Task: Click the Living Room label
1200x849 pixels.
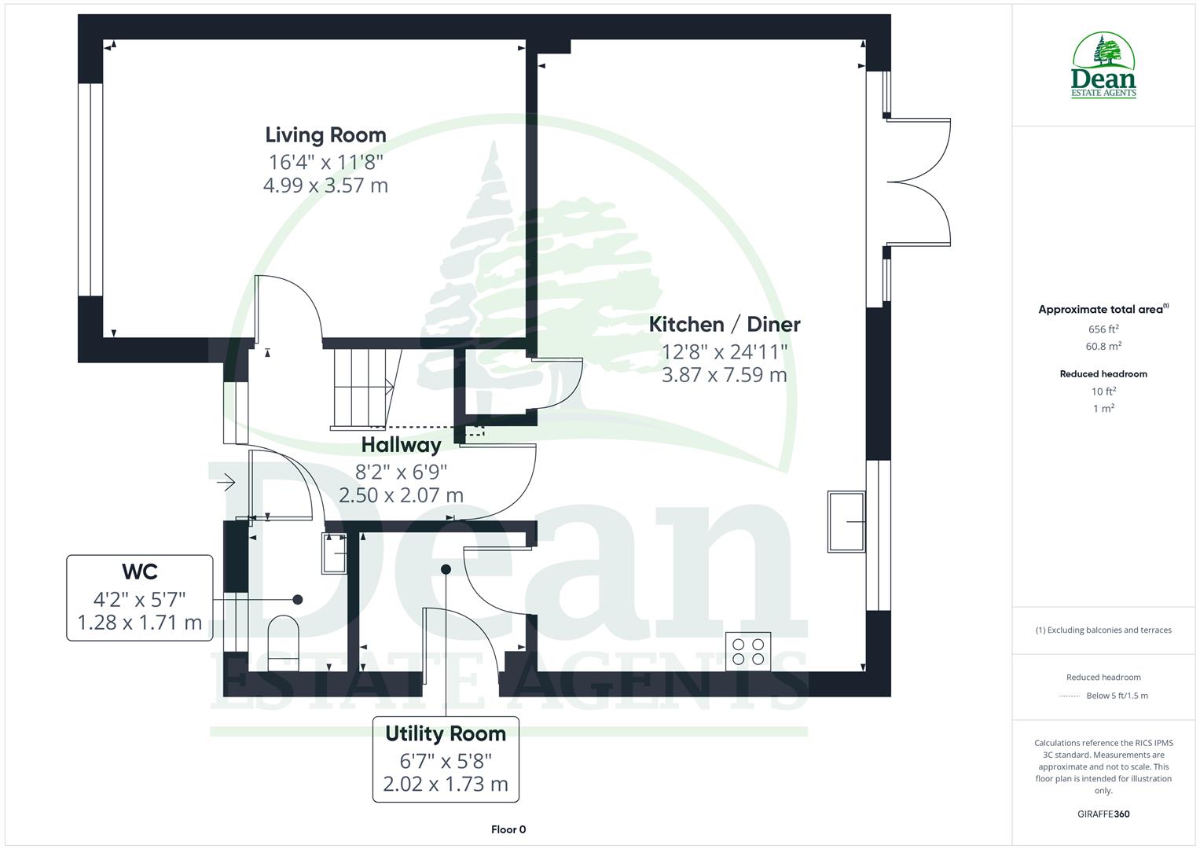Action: click(x=325, y=135)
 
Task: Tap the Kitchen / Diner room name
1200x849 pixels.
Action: click(x=724, y=324)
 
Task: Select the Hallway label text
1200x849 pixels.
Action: click(x=401, y=445)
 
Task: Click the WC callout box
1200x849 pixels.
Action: click(x=140, y=597)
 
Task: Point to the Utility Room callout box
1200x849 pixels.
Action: click(x=446, y=759)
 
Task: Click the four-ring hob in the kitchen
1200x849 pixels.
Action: click(x=748, y=651)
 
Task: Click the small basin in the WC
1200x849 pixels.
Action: click(x=335, y=553)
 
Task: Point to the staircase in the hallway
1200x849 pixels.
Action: click(x=363, y=388)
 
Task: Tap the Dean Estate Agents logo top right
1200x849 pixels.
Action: click(x=1103, y=66)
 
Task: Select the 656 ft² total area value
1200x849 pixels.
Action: click(x=1103, y=329)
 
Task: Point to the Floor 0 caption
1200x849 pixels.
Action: click(x=508, y=829)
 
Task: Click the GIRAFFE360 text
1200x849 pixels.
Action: click(x=1103, y=814)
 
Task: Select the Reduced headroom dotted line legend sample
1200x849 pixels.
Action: click(x=1070, y=696)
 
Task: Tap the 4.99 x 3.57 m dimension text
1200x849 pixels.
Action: click(x=325, y=186)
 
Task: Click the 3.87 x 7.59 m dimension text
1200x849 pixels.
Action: click(x=724, y=375)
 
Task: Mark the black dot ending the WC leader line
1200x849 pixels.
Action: click(x=298, y=599)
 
